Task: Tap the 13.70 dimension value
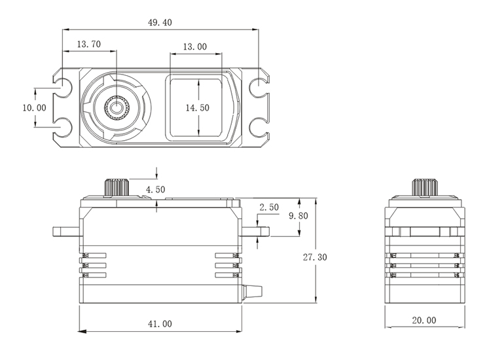click(88, 45)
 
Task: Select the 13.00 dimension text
click(194, 46)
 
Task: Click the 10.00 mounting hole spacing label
click(34, 107)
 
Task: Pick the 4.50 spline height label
click(156, 189)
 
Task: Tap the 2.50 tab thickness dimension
click(269, 207)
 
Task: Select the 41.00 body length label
click(160, 323)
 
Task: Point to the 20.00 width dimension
click(424, 320)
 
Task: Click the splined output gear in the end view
click(424, 187)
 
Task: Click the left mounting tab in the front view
click(65, 230)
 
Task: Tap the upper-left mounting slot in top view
click(63, 85)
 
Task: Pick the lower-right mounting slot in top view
click(259, 124)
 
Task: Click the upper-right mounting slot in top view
click(259, 85)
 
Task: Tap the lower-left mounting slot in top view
click(63, 124)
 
